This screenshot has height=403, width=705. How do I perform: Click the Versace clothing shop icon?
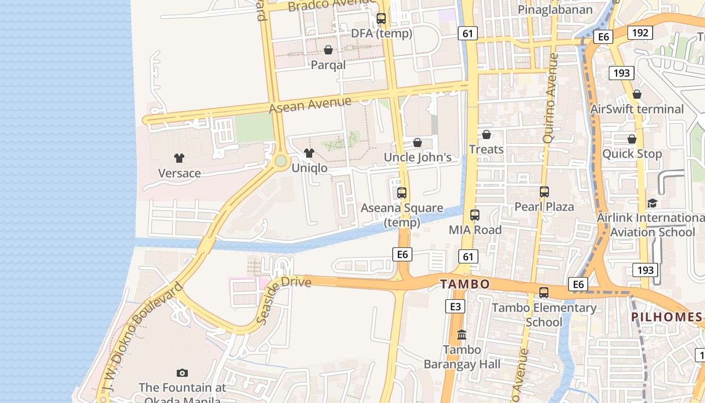(179, 158)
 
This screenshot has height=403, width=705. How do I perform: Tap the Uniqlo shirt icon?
(309, 153)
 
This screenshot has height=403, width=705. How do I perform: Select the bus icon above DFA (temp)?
(381, 19)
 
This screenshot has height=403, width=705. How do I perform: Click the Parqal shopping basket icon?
(328, 50)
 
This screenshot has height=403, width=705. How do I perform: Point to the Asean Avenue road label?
(310, 105)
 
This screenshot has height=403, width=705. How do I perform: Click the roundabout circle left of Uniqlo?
(281, 161)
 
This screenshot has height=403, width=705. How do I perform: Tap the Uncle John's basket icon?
(417, 143)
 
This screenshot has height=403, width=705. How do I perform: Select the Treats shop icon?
(486, 135)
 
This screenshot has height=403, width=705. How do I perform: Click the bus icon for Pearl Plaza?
(544, 192)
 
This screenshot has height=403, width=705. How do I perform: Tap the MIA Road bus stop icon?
(475, 215)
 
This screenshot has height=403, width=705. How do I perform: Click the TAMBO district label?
(465, 284)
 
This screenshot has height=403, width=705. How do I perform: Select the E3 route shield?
(455, 306)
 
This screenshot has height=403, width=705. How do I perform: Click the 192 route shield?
(640, 33)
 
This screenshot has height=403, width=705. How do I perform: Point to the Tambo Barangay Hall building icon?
(462, 334)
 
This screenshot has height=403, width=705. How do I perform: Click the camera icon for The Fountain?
(182, 373)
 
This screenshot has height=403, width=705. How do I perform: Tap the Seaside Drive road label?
(283, 299)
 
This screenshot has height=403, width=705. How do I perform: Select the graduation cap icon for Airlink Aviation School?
(652, 203)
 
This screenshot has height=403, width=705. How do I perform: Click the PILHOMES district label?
(666, 317)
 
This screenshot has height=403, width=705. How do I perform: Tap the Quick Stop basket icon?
(632, 139)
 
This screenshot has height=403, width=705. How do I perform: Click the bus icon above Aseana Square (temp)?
(402, 193)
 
